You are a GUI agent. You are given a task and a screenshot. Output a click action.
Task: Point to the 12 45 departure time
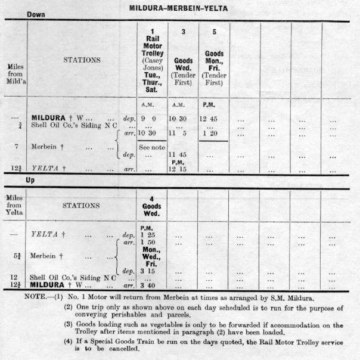coord(213,119)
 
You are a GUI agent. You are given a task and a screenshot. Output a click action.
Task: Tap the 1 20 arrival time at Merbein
coord(213,134)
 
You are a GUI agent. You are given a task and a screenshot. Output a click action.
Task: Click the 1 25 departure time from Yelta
coord(148,235)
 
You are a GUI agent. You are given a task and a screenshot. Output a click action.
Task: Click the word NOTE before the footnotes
coord(36,296)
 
